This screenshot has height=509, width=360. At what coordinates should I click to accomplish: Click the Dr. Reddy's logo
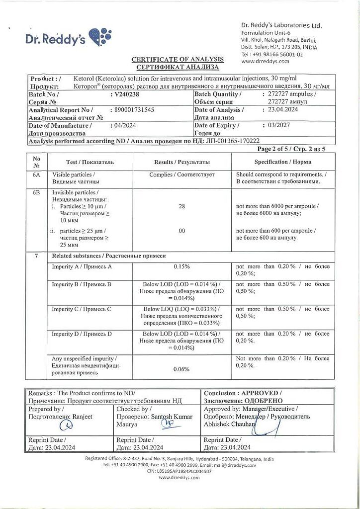click(x=68, y=38)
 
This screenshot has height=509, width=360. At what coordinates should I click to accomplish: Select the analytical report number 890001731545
click(x=134, y=110)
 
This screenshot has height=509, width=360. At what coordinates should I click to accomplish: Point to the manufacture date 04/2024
click(x=125, y=126)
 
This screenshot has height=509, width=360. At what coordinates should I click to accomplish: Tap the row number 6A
click(x=36, y=175)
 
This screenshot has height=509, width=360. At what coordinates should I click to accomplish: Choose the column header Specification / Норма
click(x=283, y=162)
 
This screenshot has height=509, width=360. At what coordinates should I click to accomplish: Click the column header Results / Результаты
click(x=181, y=162)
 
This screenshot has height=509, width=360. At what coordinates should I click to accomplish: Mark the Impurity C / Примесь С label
click(x=82, y=309)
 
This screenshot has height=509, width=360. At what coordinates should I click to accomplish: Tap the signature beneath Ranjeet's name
click(x=65, y=425)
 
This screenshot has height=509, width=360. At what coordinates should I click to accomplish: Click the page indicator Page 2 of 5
click(x=278, y=149)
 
